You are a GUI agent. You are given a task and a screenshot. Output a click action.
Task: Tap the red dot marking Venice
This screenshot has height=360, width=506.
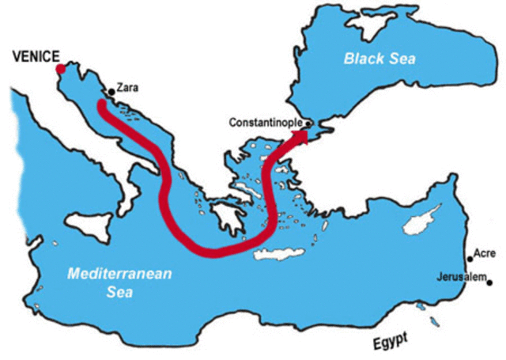click(61, 69)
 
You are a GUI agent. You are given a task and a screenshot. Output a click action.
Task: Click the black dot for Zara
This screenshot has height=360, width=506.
click(111, 92)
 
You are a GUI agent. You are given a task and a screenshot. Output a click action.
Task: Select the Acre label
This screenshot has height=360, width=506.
click(483, 254)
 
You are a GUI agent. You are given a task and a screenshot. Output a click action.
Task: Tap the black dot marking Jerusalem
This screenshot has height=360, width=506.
click(490, 282)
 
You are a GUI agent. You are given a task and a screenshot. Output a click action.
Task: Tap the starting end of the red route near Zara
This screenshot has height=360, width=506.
click(101, 104)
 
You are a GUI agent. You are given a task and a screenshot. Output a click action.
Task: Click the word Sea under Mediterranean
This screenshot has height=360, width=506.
click(121, 293)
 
